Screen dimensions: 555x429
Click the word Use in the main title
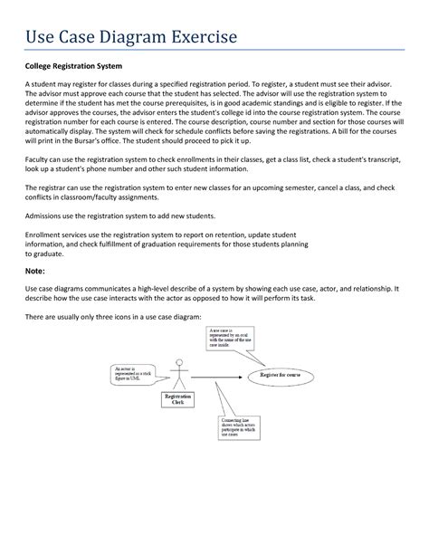tap(41, 37)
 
